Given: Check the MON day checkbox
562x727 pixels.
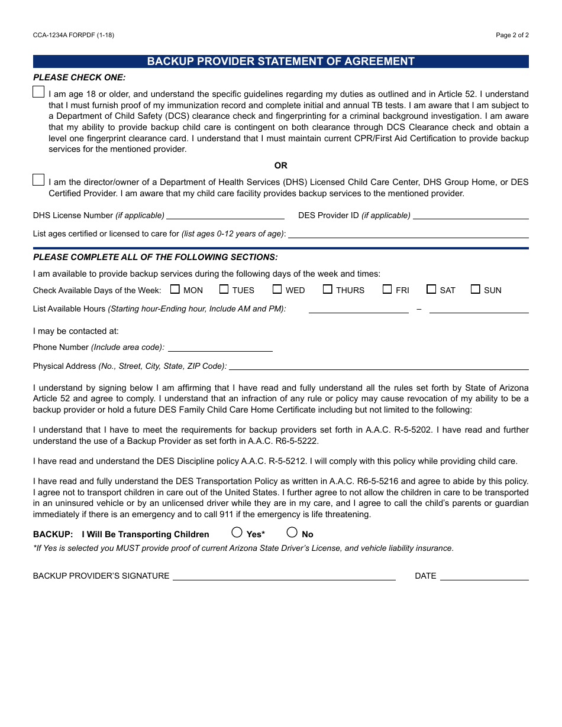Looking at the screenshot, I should pos(175,290).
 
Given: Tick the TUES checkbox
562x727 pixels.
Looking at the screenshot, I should pos(224,290).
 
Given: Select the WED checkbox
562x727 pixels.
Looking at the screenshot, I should pos(277,290).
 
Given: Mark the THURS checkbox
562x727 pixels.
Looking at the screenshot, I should pos(328,290).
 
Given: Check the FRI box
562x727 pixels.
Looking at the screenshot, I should pos(387,290).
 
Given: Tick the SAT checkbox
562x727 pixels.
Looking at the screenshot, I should pos(431,290).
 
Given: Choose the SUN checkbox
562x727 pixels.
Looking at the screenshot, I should pos(476,290).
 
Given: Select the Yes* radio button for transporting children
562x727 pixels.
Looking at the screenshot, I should pos(237,533).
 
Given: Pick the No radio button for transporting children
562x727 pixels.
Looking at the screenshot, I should pos(292,533).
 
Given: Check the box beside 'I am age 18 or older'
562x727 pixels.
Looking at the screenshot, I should pos(38,92).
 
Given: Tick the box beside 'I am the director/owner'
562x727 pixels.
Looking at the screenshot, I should pos(38,180).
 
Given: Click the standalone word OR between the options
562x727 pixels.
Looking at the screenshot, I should pos(281,165).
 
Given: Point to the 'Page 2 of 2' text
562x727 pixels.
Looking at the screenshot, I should pos(512,35).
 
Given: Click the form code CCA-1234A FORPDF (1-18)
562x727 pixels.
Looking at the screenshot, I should pos(73,35).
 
